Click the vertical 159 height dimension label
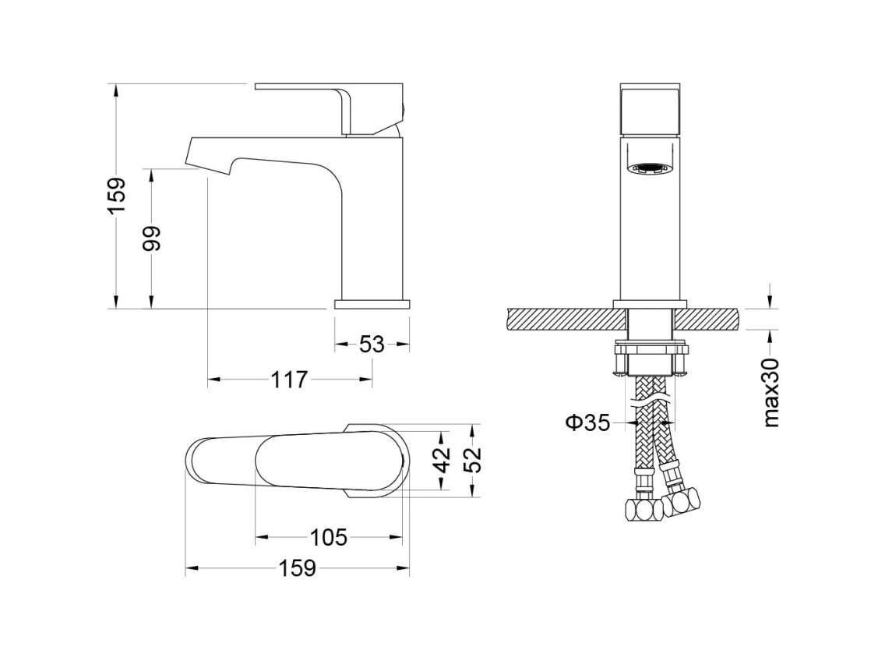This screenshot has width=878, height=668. [117, 196]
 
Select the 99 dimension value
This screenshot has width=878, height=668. [151, 238]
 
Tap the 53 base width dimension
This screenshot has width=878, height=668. [372, 344]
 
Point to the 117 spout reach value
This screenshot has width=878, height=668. [290, 380]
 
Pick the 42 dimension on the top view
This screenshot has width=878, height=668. [443, 460]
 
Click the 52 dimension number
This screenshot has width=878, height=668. [474, 460]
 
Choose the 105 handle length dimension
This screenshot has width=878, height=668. [329, 538]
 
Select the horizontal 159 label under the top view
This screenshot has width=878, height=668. [298, 569]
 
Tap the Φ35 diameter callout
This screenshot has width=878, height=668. [587, 422]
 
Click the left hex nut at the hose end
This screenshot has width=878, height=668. [641, 507]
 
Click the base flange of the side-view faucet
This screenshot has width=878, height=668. [372, 304]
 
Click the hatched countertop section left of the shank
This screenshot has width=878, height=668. [566, 318]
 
